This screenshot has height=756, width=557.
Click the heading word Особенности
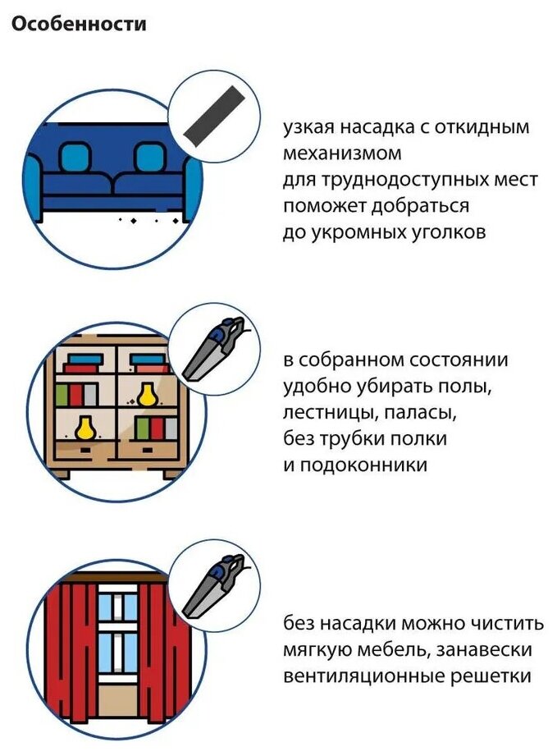pyautogui.click(x=79, y=25)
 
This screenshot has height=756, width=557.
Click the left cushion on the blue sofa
pyautogui.click(x=74, y=156)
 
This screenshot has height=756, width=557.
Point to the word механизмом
pyautogui.click(x=342, y=153)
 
